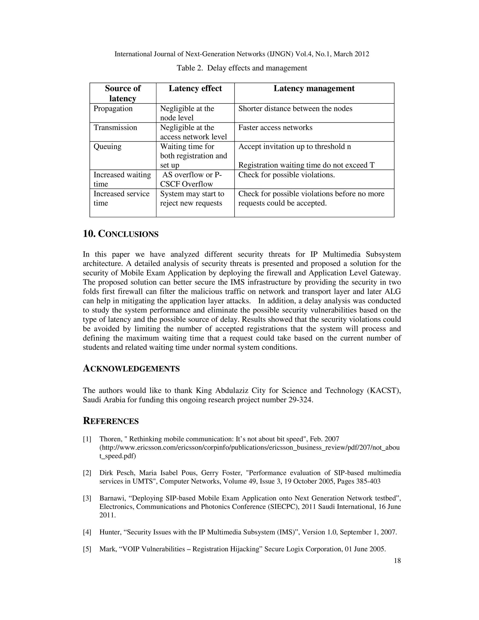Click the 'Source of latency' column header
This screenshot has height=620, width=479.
tap(123, 93)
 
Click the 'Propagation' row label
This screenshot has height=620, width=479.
tap(113, 109)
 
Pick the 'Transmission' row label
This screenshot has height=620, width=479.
tap(115, 128)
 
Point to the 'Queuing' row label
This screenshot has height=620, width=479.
tap(107, 146)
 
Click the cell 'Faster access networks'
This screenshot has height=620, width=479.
tap(275, 128)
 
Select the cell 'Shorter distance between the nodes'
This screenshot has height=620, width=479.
tap(295, 109)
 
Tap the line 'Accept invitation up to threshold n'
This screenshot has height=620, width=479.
tap(294, 146)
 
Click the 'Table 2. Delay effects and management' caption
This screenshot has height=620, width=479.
tap(242, 68)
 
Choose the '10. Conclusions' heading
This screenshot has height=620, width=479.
tap(121, 234)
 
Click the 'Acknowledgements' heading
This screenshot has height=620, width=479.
tap(131, 368)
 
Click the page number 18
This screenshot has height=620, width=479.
tap(397, 561)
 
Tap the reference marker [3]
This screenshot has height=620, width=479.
tap(87, 498)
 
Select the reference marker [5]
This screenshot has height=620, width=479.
tap(87, 549)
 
